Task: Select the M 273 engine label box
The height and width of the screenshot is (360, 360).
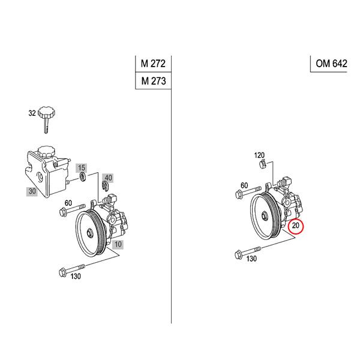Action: click(153, 81)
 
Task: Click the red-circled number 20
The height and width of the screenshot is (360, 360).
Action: click(296, 227)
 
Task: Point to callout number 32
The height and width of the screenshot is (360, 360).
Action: click(32, 112)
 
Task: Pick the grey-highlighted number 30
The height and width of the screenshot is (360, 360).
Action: click(32, 191)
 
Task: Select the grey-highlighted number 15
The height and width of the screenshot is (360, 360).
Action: click(82, 166)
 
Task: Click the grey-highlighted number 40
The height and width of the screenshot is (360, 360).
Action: click(108, 178)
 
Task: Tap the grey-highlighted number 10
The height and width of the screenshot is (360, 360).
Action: click(118, 244)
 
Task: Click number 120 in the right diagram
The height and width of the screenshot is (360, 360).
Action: click(259, 155)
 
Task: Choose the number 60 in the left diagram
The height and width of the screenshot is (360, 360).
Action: click(68, 203)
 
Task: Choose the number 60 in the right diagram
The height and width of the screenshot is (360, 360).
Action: click(244, 185)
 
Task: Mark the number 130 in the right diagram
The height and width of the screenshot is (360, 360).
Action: click(251, 259)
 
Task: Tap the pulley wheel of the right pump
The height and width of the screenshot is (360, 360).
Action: click(265, 212)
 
